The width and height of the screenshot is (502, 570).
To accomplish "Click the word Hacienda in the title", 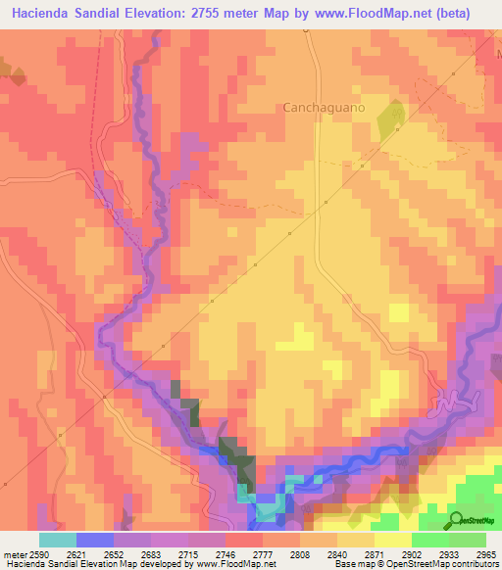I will pos(46,14).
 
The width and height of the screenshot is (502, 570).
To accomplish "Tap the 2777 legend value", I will pos(262,553).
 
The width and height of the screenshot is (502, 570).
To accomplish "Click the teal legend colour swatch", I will pos(58,540).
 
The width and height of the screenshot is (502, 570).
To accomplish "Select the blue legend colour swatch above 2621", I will pos(95,540).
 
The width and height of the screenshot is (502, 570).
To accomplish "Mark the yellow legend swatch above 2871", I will pos(392,540).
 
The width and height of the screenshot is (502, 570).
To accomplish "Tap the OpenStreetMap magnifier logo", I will pos(456,520).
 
